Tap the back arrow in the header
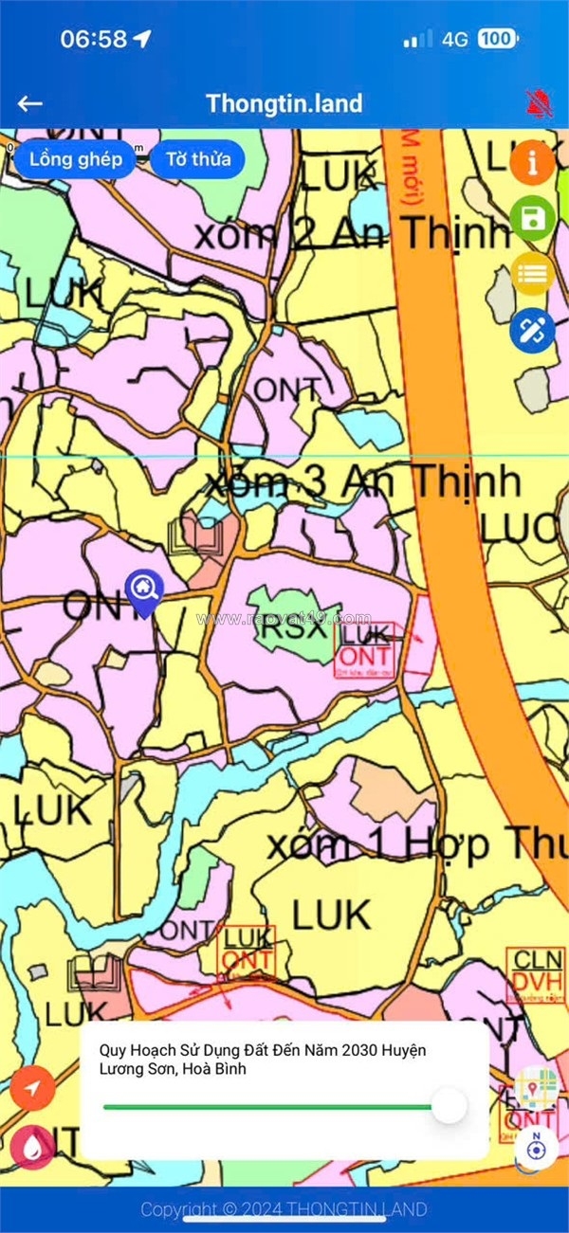30,104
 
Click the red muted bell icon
538,103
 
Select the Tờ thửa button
197,159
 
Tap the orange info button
532,163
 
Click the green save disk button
532,220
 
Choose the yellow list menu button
532,275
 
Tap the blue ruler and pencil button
532,331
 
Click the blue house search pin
143,590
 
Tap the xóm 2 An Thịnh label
352,233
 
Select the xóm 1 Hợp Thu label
417,843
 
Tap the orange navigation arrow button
32,1089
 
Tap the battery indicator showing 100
497,39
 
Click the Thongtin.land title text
284,103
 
